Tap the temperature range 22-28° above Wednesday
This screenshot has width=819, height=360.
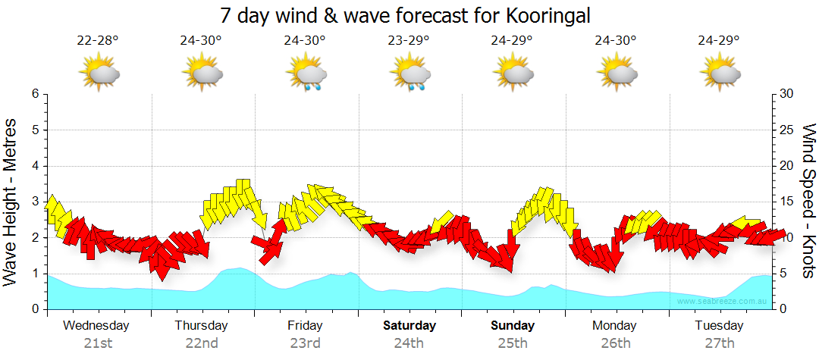click(x=98, y=41)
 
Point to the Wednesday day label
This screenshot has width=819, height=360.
click(x=96, y=326)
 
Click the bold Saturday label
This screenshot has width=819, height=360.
click(x=409, y=326)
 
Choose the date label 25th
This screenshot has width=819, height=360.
click(x=513, y=343)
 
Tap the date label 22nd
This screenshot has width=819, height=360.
click(x=202, y=343)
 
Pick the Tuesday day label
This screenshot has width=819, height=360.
click(x=720, y=326)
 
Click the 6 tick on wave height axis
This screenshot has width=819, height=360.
click(x=34, y=94)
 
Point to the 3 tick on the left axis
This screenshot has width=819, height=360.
click(x=34, y=202)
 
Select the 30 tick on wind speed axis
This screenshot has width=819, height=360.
click(x=787, y=94)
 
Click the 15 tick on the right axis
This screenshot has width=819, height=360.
click(x=787, y=202)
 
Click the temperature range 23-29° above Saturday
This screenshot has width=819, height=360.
click(x=409, y=41)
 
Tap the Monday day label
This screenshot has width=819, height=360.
click(x=616, y=326)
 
